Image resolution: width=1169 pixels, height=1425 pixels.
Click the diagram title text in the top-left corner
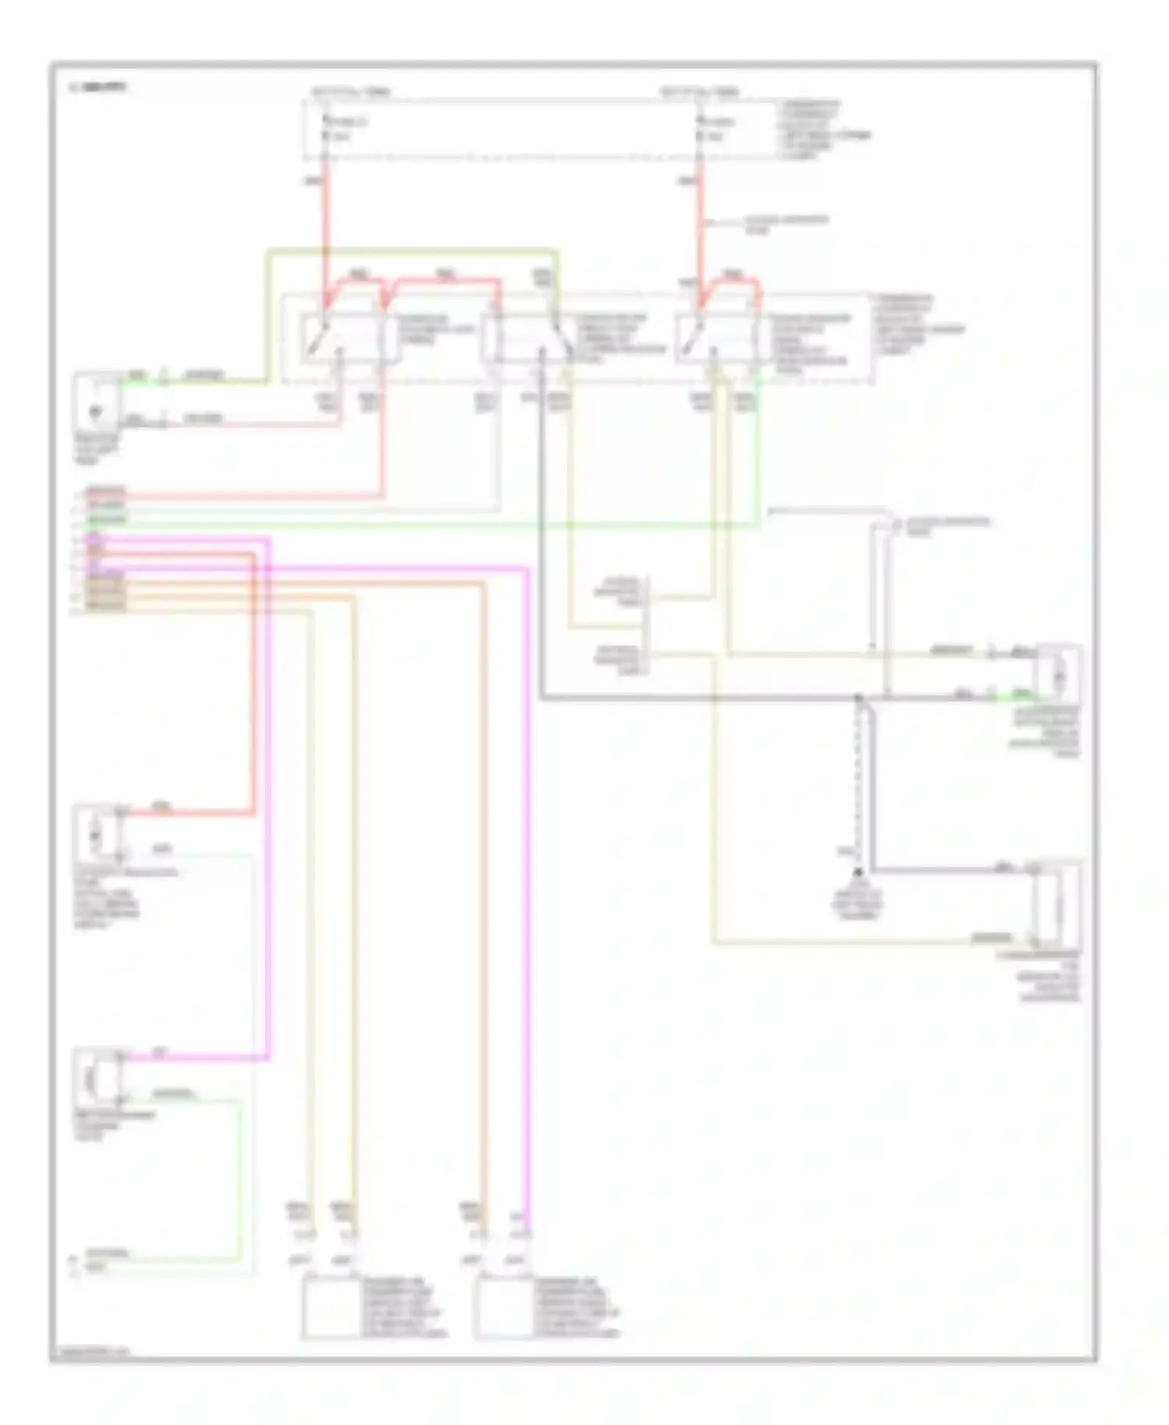[97, 87]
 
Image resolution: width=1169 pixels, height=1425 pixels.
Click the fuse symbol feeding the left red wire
[326, 129]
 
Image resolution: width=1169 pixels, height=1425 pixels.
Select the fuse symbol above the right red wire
[700, 129]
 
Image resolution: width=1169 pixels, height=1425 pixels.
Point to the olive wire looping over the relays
[413, 251]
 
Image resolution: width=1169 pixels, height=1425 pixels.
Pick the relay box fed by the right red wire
[717, 337]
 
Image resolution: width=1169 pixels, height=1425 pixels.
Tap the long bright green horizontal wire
[421, 526]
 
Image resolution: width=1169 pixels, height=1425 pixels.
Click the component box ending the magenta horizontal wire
[97, 1077]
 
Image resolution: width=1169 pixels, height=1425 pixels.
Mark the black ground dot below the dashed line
[858, 872]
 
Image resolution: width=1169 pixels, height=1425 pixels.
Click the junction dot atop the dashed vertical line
[858, 698]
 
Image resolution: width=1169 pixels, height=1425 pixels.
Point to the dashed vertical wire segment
[858, 780]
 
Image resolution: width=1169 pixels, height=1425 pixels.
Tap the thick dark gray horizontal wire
[701, 698]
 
